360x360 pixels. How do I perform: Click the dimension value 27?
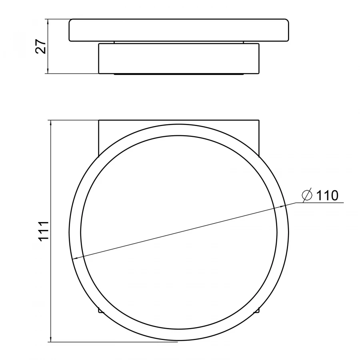click(x=41, y=46)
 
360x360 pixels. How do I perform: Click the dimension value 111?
click(x=44, y=231)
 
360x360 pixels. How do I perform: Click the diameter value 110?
click(x=327, y=196)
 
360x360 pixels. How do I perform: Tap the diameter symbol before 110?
click(x=307, y=195)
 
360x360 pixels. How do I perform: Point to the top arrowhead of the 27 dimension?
click(x=48, y=22)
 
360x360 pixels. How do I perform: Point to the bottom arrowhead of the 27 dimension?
click(x=48, y=71)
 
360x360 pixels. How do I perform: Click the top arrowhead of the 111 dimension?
click(x=51, y=123)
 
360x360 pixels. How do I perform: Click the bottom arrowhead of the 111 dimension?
click(x=51, y=339)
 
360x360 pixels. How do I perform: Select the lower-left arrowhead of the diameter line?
click(x=75, y=258)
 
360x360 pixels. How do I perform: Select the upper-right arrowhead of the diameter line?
click(x=282, y=207)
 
